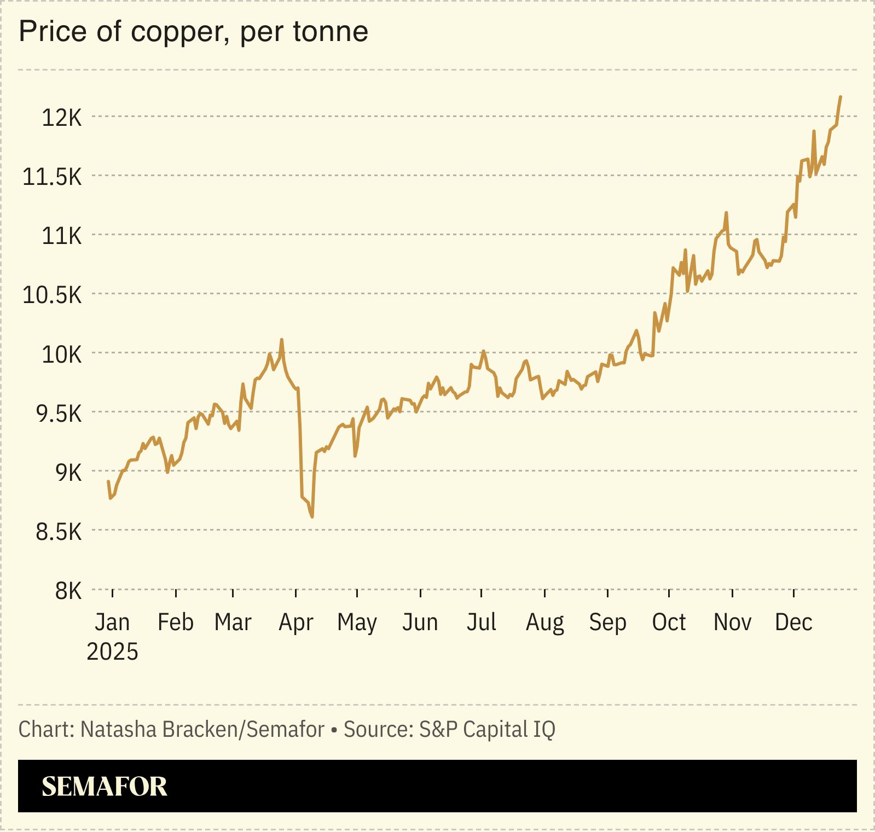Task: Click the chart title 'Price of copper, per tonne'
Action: (x=193, y=31)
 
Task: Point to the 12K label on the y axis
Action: (x=61, y=118)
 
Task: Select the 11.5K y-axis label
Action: (x=52, y=177)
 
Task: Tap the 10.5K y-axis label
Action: (x=52, y=295)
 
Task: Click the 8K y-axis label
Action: (x=68, y=591)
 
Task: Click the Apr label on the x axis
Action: (x=295, y=622)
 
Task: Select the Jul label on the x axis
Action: (x=481, y=622)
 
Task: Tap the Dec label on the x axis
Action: (x=793, y=622)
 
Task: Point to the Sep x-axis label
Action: (x=607, y=622)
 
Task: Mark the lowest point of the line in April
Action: (x=312, y=516)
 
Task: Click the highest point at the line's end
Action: (x=841, y=97)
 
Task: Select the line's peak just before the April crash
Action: (x=282, y=340)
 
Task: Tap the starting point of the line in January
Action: (x=108, y=481)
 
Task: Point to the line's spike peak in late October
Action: (x=726, y=213)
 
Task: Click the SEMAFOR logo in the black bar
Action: (x=104, y=786)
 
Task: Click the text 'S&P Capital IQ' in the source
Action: (x=487, y=729)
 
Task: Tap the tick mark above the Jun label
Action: (x=420, y=593)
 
